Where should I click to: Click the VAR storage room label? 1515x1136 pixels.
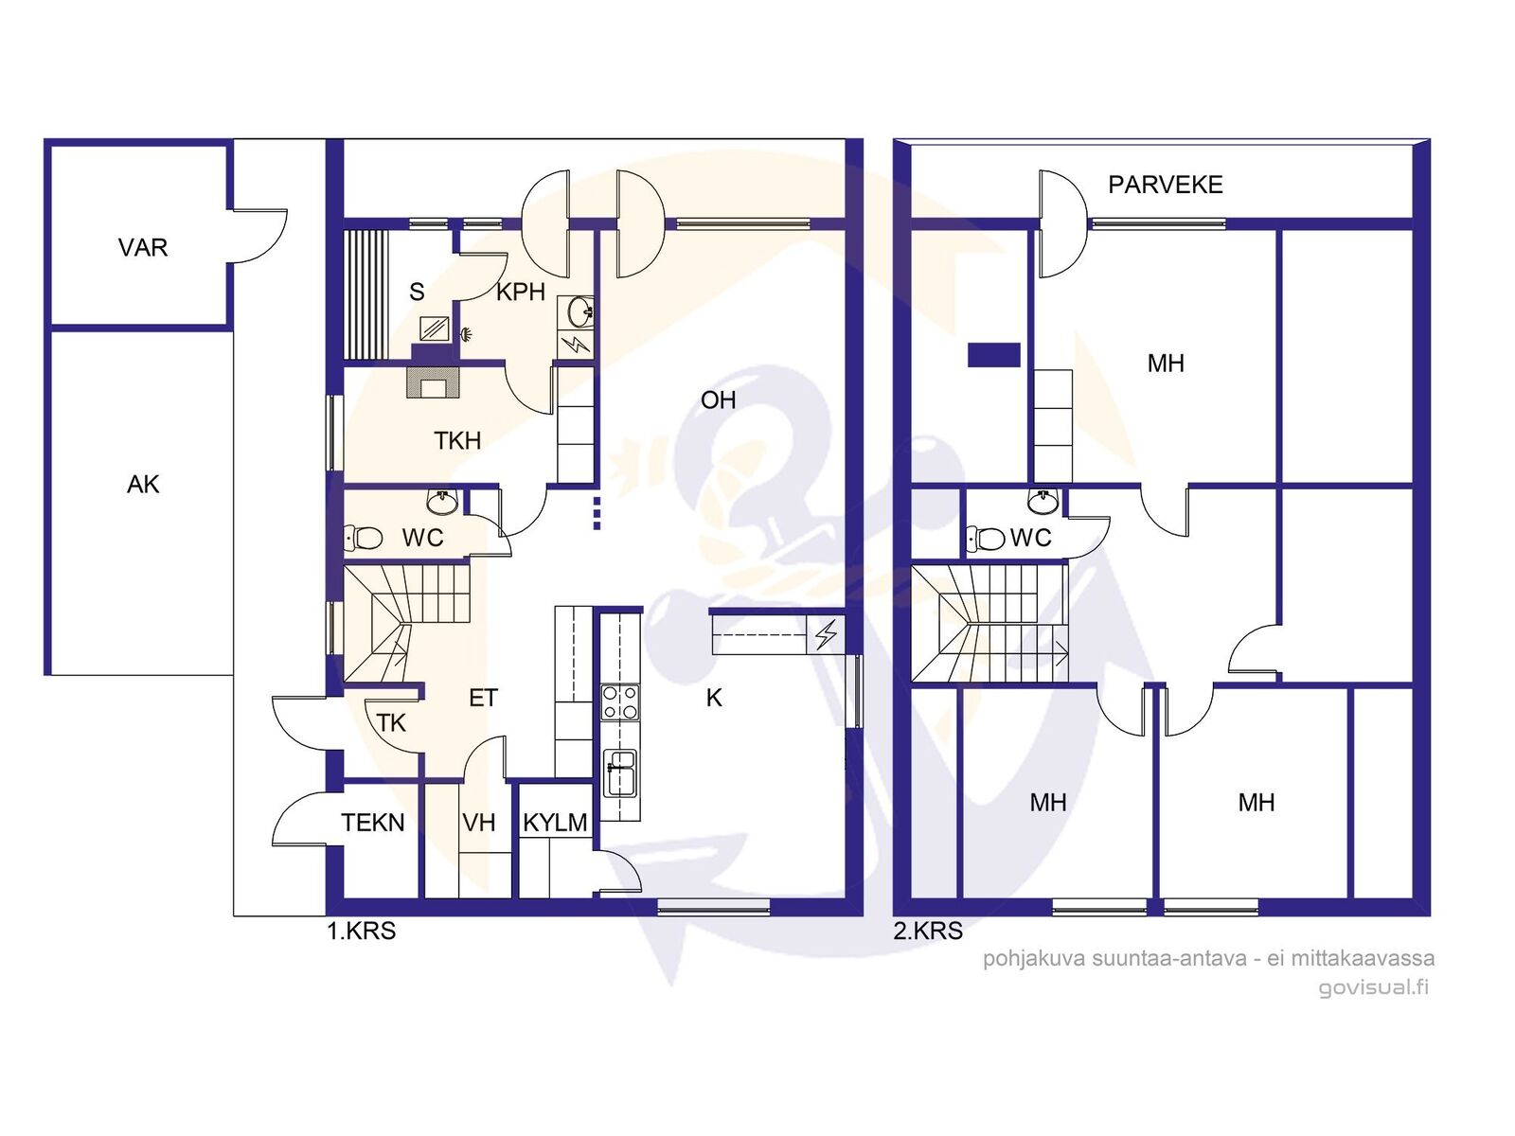pos(143,247)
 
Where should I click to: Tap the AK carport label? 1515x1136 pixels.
pos(143,485)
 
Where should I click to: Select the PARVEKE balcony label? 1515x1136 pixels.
pos(1165,185)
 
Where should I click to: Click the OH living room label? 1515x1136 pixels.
pos(718,400)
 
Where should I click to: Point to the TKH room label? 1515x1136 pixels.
pos(457,441)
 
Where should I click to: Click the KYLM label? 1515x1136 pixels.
pos(555,823)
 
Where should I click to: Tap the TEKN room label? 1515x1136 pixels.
pos(373,823)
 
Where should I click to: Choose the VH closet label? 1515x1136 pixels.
pos(479,823)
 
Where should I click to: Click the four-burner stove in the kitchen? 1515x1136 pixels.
pos(620,702)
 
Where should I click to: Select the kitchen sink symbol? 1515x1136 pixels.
pos(620,772)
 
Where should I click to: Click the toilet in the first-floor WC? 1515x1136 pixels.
pos(363,538)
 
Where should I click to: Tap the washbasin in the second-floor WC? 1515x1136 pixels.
pos(1043,502)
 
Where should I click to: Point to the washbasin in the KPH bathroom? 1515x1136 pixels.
pos(579,311)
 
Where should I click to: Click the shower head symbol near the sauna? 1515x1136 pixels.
pos(467,334)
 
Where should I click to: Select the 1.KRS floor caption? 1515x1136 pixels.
pos(361,932)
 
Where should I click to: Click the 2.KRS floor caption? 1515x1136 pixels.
pos(928,932)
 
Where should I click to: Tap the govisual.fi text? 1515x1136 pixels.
pos(1373,987)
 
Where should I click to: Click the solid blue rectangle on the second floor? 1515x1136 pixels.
pos(994,354)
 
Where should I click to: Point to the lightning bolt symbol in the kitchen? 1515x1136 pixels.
pos(827,634)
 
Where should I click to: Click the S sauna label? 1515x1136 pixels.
pos(417,292)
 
